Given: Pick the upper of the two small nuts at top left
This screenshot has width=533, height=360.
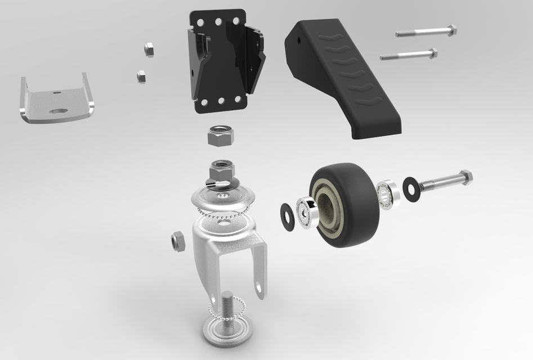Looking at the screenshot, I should pyautogui.click(x=149, y=49).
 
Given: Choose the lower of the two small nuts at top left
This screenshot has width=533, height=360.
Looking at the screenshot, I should pyautogui.click(x=141, y=76).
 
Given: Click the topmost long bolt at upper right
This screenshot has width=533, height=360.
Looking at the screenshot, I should pyautogui.click(x=425, y=32).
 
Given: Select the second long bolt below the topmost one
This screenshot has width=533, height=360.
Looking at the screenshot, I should pyautogui.click(x=409, y=55).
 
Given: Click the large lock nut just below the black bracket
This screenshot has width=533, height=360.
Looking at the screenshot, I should pyautogui.click(x=217, y=136).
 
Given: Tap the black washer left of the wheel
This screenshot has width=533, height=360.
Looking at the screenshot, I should pyautogui.click(x=288, y=217).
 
